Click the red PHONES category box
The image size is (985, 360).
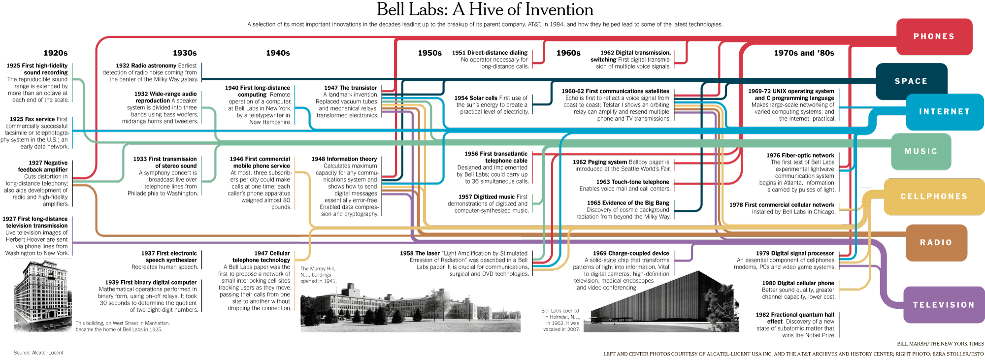(x=934, y=36)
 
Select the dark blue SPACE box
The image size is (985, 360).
(x=911, y=81)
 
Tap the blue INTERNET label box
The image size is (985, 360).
(x=944, y=112)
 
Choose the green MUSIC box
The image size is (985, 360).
(x=920, y=151)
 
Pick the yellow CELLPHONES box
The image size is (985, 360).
(x=934, y=196)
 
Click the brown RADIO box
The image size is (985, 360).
(x=936, y=242)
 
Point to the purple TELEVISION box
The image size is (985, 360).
(x=944, y=305)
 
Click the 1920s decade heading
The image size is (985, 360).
(x=56, y=53)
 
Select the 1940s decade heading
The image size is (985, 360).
(x=278, y=53)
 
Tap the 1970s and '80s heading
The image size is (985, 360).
(x=804, y=53)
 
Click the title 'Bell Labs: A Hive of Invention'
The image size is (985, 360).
(x=485, y=10)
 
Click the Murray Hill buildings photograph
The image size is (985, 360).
(x=410, y=308)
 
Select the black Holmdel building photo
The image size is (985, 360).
(x=665, y=303)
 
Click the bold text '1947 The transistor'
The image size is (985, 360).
(x=350, y=88)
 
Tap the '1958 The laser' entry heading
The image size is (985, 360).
(x=420, y=253)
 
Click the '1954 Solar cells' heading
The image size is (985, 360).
(x=476, y=98)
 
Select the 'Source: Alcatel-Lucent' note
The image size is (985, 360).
(x=38, y=353)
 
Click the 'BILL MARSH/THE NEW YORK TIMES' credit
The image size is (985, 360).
(x=940, y=344)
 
